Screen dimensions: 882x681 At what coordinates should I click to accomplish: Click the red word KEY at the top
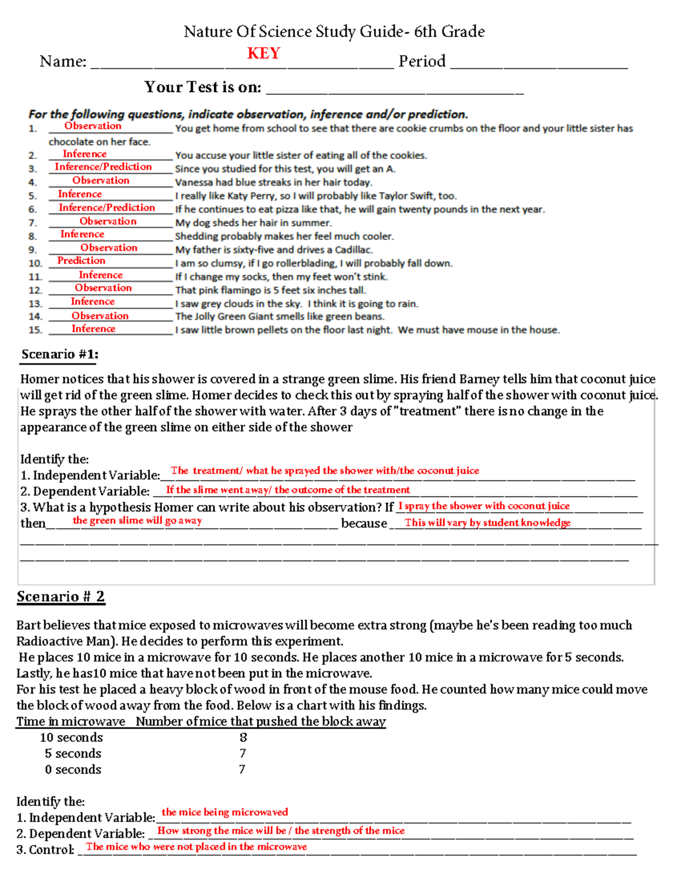tap(263, 53)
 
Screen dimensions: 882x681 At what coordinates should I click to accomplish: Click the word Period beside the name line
tap(422, 61)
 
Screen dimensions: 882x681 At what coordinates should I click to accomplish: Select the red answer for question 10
tap(81, 261)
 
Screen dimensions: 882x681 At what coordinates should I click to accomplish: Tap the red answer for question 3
tap(103, 167)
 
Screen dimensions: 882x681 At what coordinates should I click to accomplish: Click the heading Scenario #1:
tap(60, 354)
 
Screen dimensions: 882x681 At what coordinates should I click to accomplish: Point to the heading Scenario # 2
tap(61, 597)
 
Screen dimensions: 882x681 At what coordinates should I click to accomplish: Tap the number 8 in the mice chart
tap(243, 738)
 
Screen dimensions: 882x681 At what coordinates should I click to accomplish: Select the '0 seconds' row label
tap(73, 770)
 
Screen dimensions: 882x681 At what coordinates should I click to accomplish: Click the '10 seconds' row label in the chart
tap(72, 738)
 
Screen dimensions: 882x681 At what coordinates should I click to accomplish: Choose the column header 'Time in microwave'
tap(71, 722)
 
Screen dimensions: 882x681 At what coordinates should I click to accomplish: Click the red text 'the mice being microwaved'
tap(225, 812)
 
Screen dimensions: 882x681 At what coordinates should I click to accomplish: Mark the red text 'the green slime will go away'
tap(137, 521)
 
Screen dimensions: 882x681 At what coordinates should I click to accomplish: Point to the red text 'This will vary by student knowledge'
tap(487, 522)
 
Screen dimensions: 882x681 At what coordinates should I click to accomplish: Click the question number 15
tap(35, 330)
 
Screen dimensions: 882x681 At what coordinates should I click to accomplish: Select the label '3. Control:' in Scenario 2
tap(45, 850)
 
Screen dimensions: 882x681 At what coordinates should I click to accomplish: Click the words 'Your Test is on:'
tap(203, 87)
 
